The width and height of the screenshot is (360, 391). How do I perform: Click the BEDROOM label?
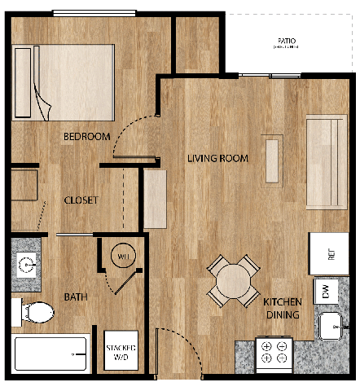click(86, 137)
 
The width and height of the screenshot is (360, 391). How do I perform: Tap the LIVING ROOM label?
click(217, 158)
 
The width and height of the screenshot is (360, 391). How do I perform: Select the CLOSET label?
click(81, 200)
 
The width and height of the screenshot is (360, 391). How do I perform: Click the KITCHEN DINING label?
click(282, 309)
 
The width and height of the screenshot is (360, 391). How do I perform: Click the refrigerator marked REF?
click(329, 254)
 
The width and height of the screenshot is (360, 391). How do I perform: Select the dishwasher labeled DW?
click(326, 291)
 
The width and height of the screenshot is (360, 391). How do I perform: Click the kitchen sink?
click(332, 327)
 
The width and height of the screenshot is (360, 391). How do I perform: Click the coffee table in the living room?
click(273, 159)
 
